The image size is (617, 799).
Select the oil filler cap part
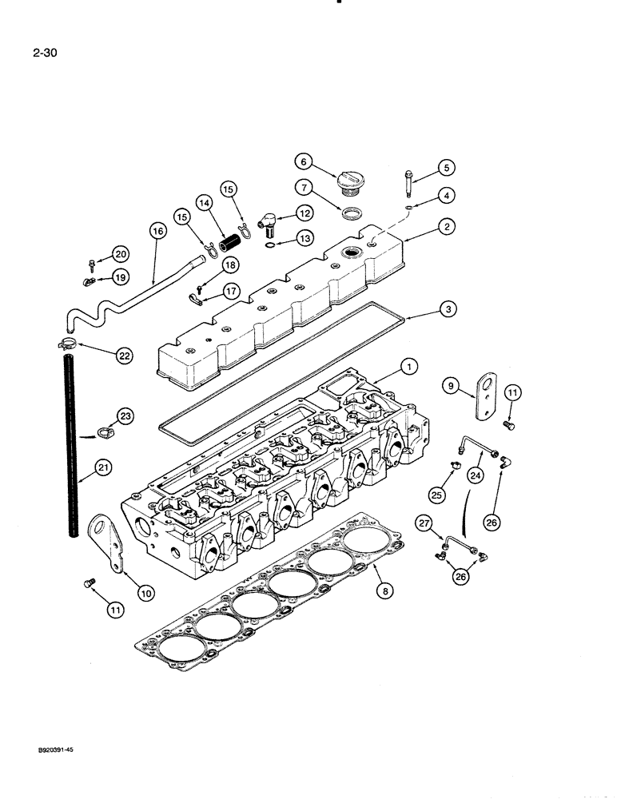[348, 181]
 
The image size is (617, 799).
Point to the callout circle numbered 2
[446, 226]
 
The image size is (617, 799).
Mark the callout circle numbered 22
[124, 356]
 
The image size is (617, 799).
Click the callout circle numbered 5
[446, 167]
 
